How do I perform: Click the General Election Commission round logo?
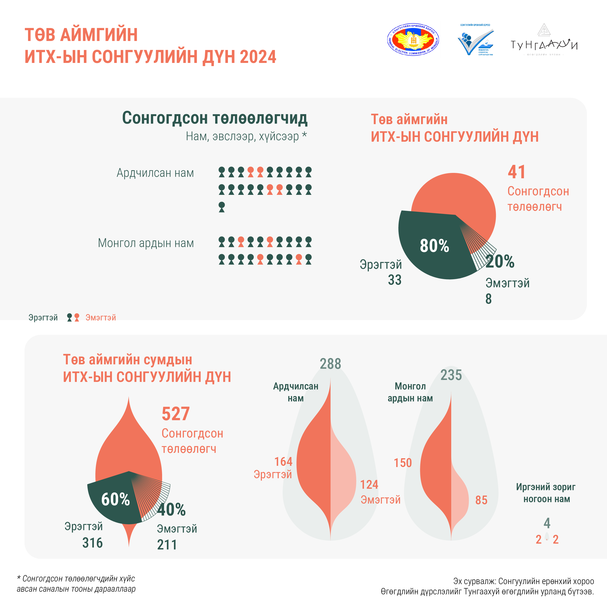(413, 40)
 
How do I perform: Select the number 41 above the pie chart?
(517, 172)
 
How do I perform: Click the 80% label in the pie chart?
(434, 246)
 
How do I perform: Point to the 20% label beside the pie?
(500, 261)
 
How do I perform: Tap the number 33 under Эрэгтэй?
(395, 280)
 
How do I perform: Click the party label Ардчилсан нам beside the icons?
(155, 173)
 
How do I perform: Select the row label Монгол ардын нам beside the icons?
(146, 243)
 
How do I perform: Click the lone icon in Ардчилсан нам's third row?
(222, 207)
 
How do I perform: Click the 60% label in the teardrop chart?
(116, 499)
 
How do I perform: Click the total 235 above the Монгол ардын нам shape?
(451, 375)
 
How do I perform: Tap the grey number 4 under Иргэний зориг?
(547, 523)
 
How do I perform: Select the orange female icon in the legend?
(77, 317)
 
